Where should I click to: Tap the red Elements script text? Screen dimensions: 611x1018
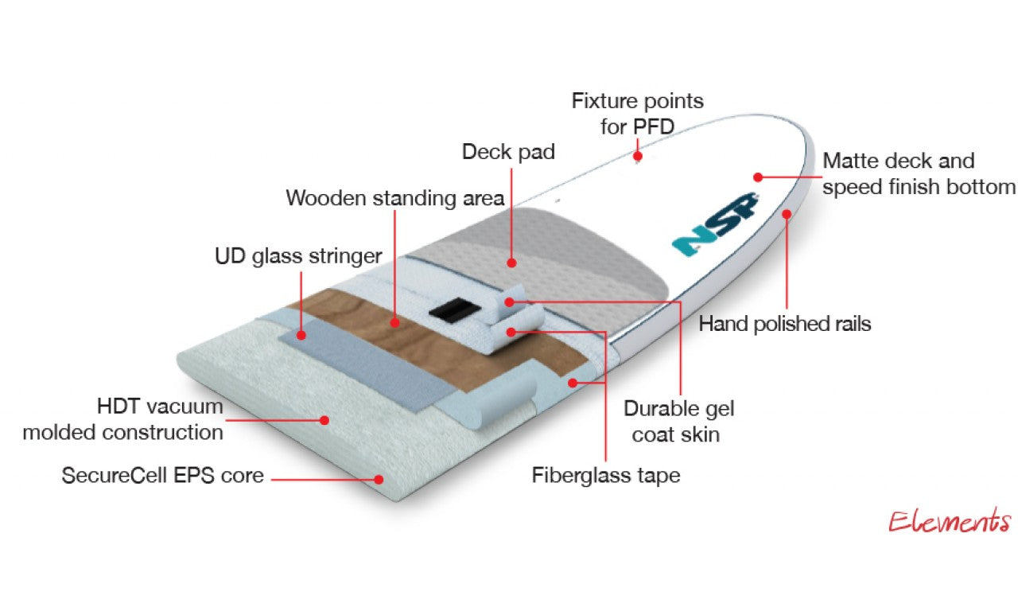click(949, 522)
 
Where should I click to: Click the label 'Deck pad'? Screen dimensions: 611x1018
click(508, 151)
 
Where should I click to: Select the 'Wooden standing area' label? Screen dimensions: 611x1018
click(394, 197)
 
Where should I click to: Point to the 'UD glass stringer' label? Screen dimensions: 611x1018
click(298, 256)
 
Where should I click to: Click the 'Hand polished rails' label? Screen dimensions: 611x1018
click(784, 324)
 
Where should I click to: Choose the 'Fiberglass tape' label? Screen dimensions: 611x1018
click(606, 476)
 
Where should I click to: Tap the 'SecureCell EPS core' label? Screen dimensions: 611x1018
click(162, 476)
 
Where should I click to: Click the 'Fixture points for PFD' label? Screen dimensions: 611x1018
click(638, 114)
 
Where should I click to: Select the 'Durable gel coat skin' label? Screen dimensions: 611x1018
click(678, 422)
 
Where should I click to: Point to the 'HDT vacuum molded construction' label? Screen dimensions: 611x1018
click(123, 419)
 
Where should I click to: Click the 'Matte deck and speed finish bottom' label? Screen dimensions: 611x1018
click(919, 173)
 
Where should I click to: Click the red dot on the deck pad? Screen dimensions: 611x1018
click(511, 261)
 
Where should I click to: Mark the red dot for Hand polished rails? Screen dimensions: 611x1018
click(787, 213)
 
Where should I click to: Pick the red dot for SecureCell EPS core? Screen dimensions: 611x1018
click(379, 479)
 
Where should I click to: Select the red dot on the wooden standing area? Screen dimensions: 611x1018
click(395, 322)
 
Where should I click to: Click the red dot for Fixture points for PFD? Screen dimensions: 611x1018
click(638, 156)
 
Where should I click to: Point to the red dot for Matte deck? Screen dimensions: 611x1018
click(758, 177)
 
